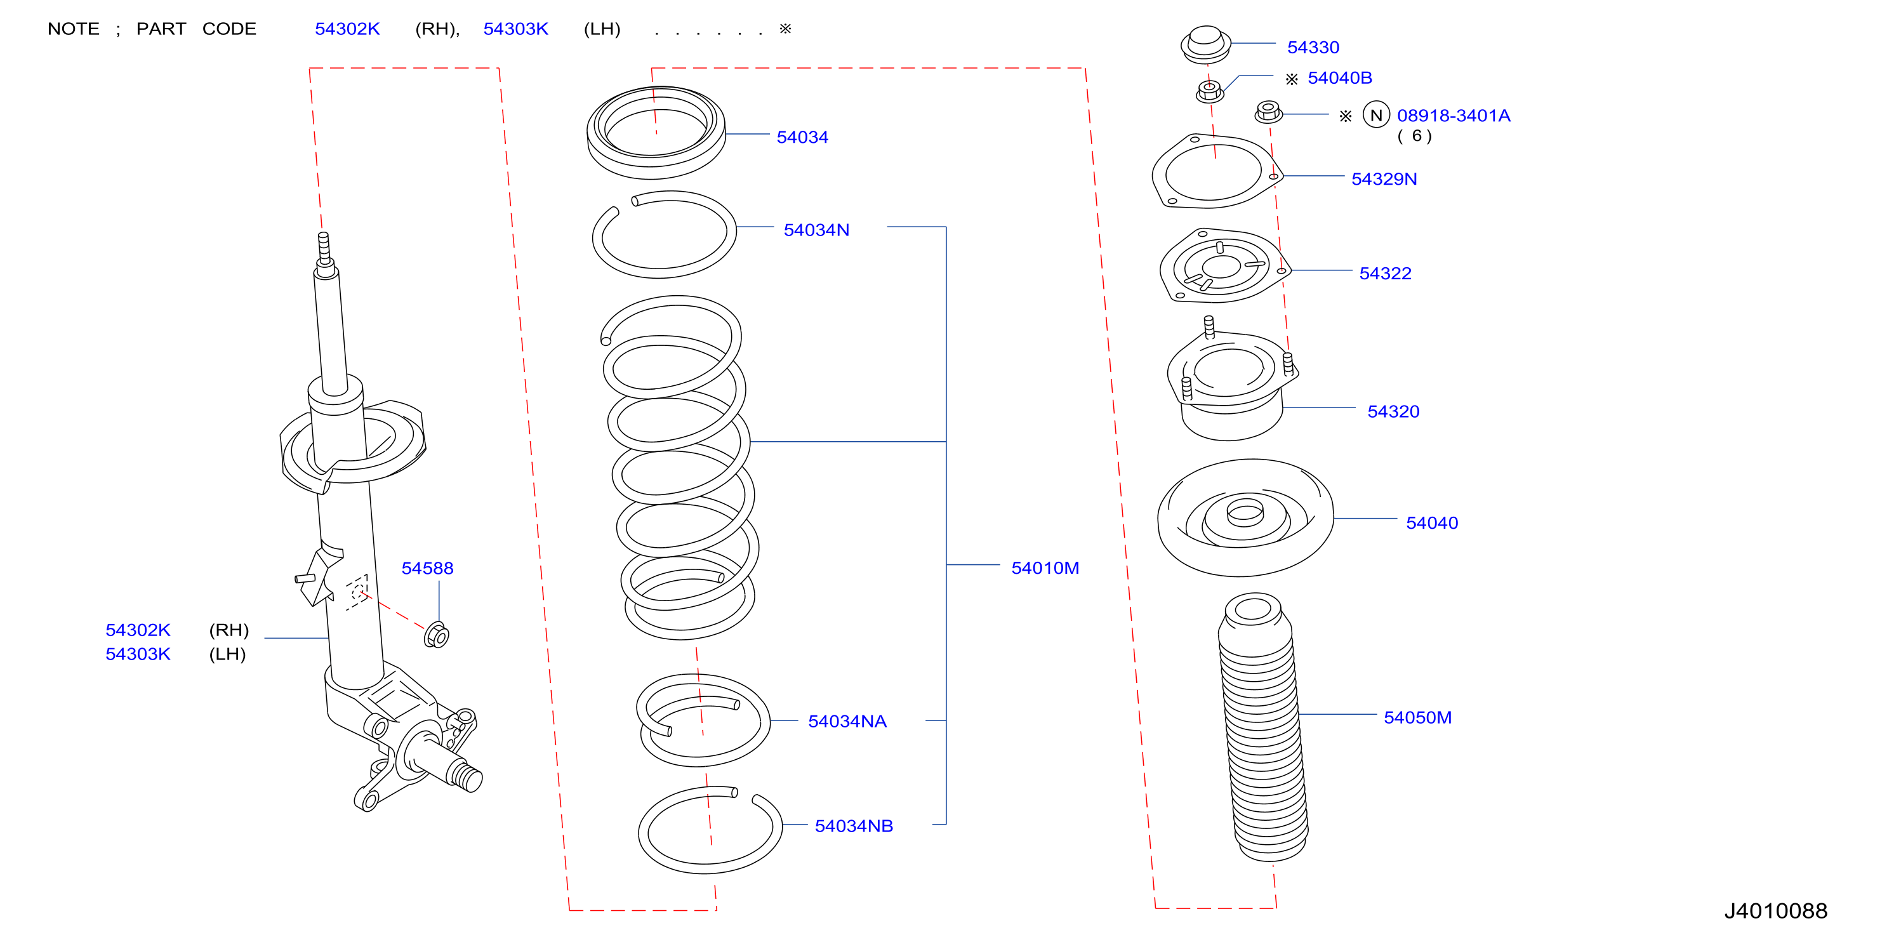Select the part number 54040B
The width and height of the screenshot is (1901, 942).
pos(1339,77)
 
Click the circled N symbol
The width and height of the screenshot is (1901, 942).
pos(1375,115)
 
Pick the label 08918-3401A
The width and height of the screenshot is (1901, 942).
pos(1453,116)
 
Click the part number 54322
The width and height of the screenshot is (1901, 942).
pos(1385,273)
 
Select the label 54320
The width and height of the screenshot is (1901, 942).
pos(1393,411)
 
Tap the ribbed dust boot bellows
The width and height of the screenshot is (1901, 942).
pos(1262,727)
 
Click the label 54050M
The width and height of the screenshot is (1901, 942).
pos(1417,717)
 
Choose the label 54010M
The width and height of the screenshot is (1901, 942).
pos(1045,567)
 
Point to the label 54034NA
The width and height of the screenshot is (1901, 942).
pos(847,721)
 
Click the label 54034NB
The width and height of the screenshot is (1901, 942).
pos(854,826)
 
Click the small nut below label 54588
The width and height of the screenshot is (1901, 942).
pos(437,635)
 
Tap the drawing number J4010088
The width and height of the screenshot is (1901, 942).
pos(1775,911)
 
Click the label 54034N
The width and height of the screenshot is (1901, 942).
pos(816,230)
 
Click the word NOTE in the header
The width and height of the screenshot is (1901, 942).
pos(73,29)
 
